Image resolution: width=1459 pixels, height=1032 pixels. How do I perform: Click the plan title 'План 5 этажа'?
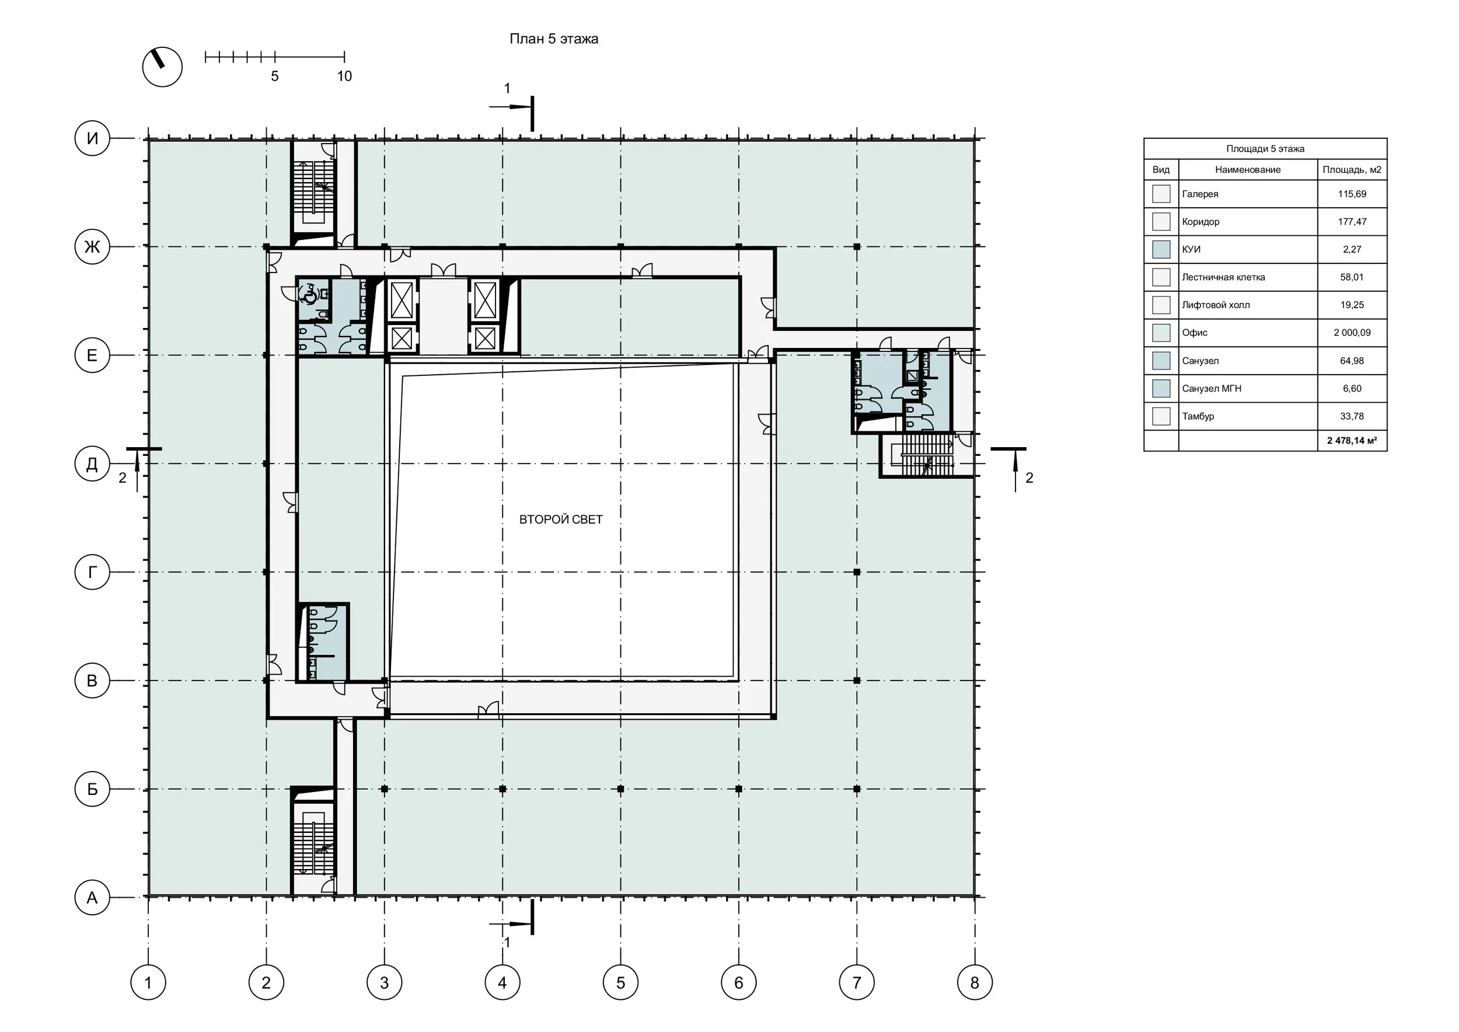553,39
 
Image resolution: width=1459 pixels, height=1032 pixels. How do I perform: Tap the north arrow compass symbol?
162,67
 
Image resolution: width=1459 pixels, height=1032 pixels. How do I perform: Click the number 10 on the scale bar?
344,76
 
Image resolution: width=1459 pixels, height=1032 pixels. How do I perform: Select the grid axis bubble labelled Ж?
92,246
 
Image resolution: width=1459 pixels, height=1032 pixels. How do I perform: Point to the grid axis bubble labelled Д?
92,464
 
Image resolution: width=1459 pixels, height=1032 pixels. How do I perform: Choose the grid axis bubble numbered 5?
621,982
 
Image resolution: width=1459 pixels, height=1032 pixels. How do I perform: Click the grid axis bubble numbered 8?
975,982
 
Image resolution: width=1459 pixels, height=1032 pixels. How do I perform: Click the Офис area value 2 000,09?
1352,332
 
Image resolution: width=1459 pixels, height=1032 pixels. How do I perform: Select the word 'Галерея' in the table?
1200,194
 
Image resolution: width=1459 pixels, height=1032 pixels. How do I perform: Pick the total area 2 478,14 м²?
1352,440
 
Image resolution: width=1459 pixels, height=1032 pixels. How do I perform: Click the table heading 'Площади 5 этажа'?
1265,149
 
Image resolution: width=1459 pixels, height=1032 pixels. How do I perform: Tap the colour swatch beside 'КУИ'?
1161,249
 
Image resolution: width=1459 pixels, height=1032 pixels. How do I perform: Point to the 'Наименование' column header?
1247,170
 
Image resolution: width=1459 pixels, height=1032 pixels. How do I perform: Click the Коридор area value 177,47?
1352,222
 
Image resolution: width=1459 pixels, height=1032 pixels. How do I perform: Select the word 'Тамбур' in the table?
1198,416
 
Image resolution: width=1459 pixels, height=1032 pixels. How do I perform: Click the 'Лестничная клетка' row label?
1223,277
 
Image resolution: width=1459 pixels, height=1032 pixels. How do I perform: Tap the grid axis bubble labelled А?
92,897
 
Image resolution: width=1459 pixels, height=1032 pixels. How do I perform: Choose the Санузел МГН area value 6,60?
1352,388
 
